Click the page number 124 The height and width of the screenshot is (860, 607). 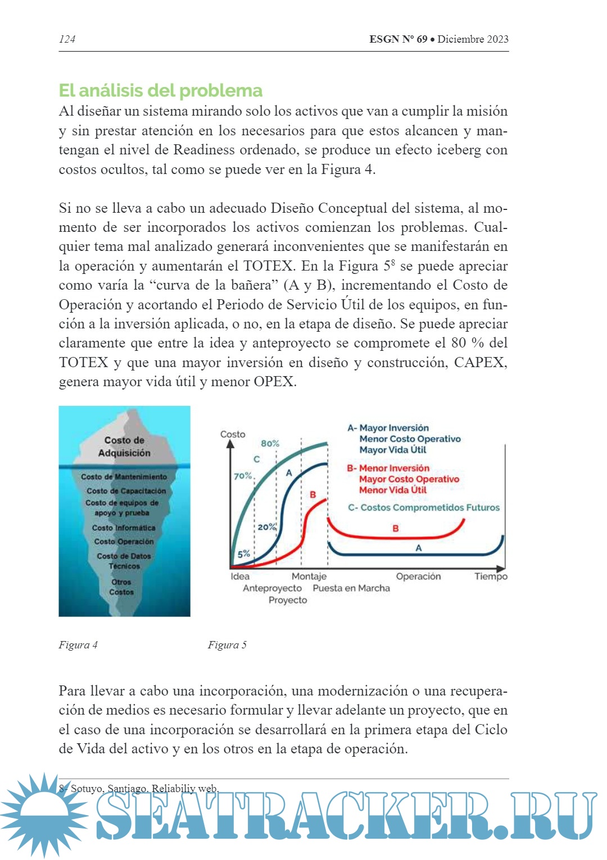(67, 39)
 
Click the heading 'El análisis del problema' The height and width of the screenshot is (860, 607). (161, 90)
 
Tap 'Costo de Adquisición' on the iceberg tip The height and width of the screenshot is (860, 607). (124, 446)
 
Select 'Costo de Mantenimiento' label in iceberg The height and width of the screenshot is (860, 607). (124, 477)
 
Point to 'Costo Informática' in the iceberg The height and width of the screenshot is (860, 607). (124, 528)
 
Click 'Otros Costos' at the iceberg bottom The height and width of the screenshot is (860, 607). (121, 587)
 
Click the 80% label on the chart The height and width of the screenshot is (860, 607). (270, 443)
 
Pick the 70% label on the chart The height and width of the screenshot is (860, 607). (243, 475)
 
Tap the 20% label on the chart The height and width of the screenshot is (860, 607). (267, 527)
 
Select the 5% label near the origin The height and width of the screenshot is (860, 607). (243, 554)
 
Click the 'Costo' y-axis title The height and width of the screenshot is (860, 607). (233, 434)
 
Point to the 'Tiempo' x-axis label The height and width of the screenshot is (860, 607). (491, 577)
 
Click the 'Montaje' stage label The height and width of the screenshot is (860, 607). (309, 577)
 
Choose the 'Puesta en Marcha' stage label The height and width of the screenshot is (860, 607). (351, 588)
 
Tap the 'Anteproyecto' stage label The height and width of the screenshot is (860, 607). (272, 588)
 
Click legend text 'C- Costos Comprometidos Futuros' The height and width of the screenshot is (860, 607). (424, 507)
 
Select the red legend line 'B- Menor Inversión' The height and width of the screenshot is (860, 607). (388, 468)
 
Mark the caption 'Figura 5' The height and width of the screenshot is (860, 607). (227, 645)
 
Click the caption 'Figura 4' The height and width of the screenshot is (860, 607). (78, 645)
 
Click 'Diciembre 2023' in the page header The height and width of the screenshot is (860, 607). (473, 39)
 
